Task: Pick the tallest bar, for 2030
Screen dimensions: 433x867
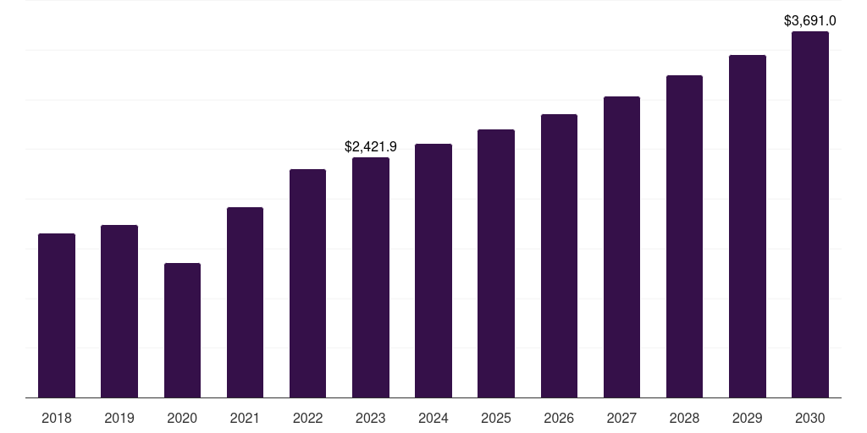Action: [810, 215]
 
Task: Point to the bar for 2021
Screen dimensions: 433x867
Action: [245, 302]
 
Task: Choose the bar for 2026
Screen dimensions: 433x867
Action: [559, 255]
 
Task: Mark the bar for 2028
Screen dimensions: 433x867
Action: [684, 236]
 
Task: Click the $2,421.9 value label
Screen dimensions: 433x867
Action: [371, 146]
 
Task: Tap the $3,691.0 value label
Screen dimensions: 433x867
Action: [810, 20]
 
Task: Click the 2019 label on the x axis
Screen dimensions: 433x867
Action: [119, 418]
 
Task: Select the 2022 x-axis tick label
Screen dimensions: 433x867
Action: [307, 418]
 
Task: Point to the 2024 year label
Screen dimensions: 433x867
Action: [433, 418]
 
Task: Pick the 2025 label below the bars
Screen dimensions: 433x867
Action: [496, 418]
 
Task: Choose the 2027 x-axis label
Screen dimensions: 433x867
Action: [621, 418]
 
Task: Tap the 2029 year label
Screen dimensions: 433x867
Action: [748, 418]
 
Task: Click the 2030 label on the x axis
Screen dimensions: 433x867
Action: [810, 418]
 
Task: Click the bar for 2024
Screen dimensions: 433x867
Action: [433, 271]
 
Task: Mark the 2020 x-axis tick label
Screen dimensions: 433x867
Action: [182, 418]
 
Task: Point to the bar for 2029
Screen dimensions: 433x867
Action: [748, 226]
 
